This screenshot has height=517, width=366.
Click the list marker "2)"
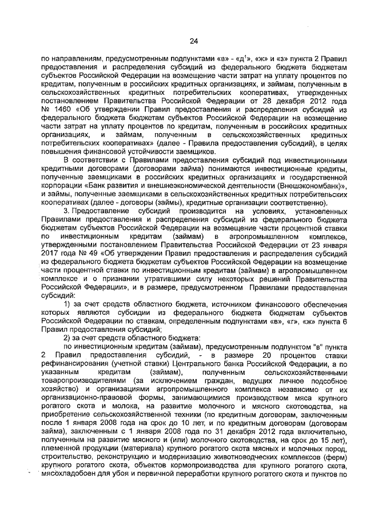click(67, 338)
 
